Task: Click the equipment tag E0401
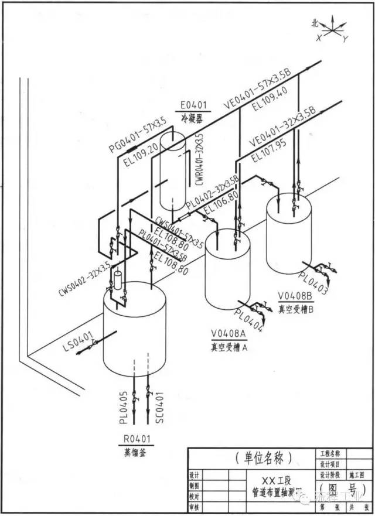(x=193, y=105)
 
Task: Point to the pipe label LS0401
(x=78, y=343)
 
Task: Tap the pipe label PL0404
(x=248, y=315)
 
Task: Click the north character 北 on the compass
(x=315, y=23)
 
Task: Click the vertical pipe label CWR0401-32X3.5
(x=199, y=159)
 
